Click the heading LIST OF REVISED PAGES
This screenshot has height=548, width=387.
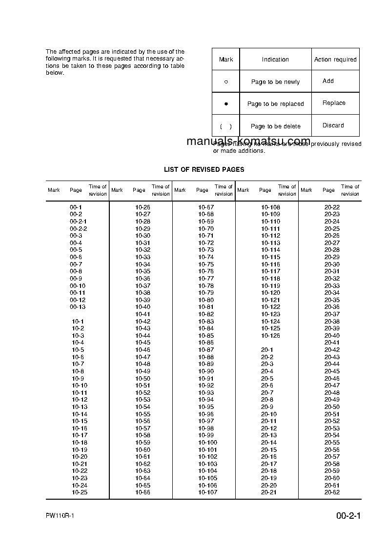point(204,169)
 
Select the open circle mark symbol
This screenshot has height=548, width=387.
point(226,82)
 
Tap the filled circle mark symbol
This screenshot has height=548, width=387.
point(226,104)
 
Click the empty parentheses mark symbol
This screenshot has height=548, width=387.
point(225,126)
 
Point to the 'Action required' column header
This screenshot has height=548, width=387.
point(335,60)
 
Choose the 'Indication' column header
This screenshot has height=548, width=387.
point(275,60)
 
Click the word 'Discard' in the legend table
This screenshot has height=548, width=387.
point(333,125)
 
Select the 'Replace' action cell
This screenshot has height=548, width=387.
point(334,103)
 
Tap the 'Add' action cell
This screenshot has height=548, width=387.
point(328,81)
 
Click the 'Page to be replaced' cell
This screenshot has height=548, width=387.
point(275,104)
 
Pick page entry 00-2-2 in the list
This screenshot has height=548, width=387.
point(78,228)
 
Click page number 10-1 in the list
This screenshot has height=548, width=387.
point(78,321)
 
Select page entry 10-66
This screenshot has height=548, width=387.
point(143,492)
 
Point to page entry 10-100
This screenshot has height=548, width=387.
point(207,443)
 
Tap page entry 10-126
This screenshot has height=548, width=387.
point(270,335)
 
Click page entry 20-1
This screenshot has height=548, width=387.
point(267,350)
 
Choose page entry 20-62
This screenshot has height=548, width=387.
point(332,492)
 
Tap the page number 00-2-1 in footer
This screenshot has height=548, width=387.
point(348,516)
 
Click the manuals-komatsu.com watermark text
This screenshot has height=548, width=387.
point(248,142)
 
